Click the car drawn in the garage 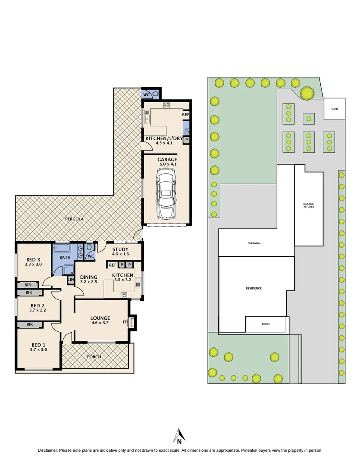pos(166,193)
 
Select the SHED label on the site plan pos(335,109)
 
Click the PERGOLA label pos(74,219)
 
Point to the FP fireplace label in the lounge pos(125,321)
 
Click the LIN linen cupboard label pos(70,280)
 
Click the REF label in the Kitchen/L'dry pos(185,115)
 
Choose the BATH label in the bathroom pos(64,257)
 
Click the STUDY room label pos(120,249)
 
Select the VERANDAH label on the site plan pos(254,243)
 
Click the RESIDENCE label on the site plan pos(254,288)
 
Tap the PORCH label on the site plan pos(266,324)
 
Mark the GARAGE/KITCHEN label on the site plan pos(309,205)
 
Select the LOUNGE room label pos(101,318)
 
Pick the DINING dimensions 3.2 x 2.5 pos(88,282)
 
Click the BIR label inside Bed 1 pos(30,324)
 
